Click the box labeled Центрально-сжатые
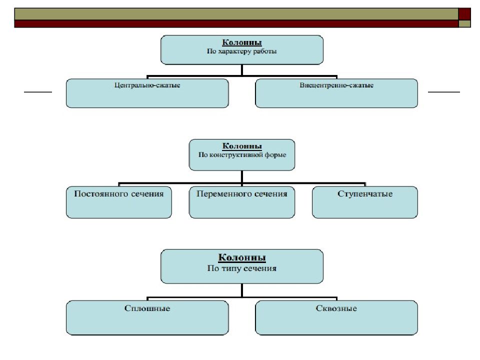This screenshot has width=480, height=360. pos(147,93)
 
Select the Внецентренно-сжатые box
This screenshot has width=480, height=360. pos(336,93)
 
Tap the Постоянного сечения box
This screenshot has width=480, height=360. pos(118,202)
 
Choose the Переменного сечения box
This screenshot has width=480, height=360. pos(242,202)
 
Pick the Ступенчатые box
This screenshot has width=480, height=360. pos(364,202)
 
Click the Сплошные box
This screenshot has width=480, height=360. pos(147,317)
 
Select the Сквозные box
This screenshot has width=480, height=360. pos(336,317)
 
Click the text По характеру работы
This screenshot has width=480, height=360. pos(242,51)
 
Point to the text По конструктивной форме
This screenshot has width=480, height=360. pos(242,155)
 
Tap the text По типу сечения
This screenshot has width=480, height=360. pos(242,268)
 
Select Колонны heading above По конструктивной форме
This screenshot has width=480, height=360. pos(242,146)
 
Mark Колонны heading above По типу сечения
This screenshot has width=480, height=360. pos(242,258)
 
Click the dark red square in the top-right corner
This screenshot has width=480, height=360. pos(465,13)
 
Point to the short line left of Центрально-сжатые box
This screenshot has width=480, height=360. pos(38,92)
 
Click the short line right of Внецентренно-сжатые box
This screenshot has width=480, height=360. pos(444,92)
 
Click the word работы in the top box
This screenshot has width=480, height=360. pos(265,51)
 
